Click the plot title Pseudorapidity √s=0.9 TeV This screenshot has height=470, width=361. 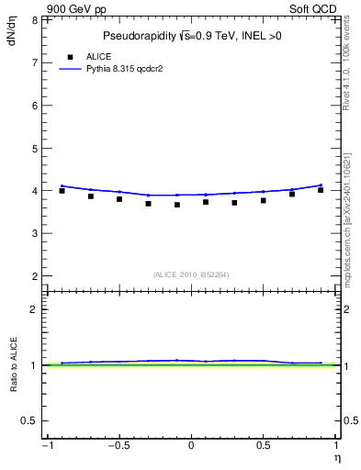coord(191,37)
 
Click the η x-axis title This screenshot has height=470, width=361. coord(336,457)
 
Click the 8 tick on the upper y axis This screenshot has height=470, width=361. coord(34,19)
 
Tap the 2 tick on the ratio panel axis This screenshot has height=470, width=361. coord(34,309)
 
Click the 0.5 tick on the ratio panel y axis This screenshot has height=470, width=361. coord(30,420)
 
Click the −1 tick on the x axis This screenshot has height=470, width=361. coord(45,447)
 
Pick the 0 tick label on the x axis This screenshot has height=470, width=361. coord(191,447)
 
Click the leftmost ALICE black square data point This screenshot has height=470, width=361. coord(62,191)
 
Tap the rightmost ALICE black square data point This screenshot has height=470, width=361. coord(321,190)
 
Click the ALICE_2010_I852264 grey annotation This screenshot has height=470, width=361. coord(191,274)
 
